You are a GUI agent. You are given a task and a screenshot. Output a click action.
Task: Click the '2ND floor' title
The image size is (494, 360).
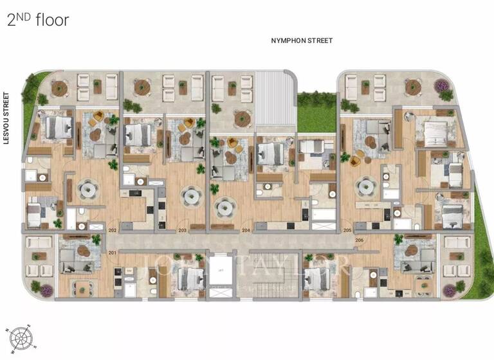click(x=37, y=19)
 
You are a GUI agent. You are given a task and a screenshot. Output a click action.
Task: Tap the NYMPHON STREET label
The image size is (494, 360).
click(x=302, y=40)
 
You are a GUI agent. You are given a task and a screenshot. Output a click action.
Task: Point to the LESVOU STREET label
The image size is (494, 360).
click(x=8, y=118)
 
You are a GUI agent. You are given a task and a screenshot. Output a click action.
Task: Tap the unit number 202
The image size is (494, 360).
click(x=112, y=230)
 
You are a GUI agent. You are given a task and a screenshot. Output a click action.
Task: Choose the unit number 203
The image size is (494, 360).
click(x=182, y=230)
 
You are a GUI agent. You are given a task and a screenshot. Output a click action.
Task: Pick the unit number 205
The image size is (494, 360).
click(x=347, y=230)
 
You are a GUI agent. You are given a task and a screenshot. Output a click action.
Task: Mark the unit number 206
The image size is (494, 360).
click(x=359, y=240)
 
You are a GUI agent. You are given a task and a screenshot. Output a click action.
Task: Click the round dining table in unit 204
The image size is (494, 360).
click(x=224, y=207)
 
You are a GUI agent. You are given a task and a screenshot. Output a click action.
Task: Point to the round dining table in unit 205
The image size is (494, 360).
click(x=366, y=187)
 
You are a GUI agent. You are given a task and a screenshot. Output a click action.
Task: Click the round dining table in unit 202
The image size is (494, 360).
click(x=87, y=189)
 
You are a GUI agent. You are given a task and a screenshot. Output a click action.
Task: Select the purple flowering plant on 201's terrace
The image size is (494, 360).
click(x=46, y=291)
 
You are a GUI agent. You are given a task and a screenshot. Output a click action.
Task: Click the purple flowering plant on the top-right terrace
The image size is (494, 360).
click(x=441, y=85)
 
